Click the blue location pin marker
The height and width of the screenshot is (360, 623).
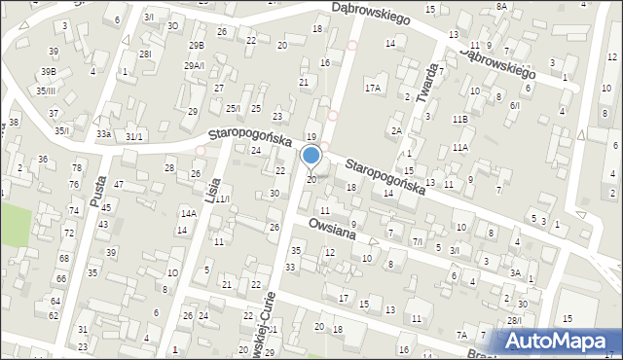click(x=311, y=156)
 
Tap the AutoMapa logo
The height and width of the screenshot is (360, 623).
click(x=559, y=341)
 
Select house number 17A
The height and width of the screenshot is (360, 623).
click(x=372, y=88)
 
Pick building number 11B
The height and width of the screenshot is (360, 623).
click(x=459, y=119)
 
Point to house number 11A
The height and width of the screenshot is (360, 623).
click(x=459, y=147)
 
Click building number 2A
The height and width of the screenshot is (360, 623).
click(x=396, y=130)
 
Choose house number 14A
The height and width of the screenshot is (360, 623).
click(x=188, y=213)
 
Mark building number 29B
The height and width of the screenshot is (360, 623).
click(x=197, y=46)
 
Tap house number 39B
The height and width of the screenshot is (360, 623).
click(x=48, y=71)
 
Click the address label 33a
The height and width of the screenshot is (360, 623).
click(x=103, y=134)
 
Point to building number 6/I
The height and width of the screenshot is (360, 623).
click(x=515, y=105)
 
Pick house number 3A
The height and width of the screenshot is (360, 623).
click(x=516, y=272)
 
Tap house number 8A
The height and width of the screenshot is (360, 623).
click(x=501, y=6)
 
